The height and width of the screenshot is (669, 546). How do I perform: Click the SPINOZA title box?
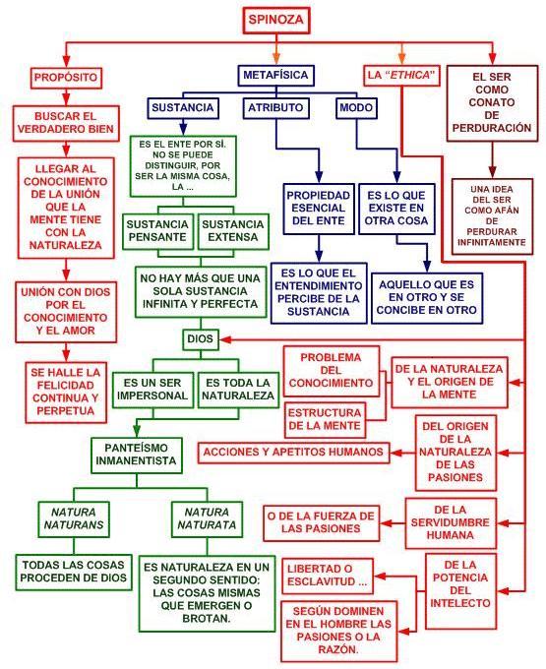coord(276,20)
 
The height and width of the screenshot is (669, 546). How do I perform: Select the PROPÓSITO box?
coord(66,78)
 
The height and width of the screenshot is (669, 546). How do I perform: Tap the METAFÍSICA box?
coord(276,75)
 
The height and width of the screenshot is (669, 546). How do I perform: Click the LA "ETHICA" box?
coord(401,76)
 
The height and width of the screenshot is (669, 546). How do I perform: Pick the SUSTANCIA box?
coord(183,108)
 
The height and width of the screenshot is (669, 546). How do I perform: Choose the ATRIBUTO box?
coord(275,108)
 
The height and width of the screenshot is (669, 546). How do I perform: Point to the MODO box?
coord(356,108)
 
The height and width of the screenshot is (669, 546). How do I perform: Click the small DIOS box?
coord(200,339)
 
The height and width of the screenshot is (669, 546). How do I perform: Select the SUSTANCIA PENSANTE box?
coord(157,231)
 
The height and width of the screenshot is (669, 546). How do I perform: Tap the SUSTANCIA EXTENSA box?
coord(233,231)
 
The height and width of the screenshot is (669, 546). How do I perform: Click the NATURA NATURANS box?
coord(74,518)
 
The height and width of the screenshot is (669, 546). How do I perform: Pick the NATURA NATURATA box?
coord(207,518)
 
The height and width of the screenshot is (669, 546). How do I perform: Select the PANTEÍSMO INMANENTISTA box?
coord(137,455)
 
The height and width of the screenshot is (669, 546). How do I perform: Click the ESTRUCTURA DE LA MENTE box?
coord(325,420)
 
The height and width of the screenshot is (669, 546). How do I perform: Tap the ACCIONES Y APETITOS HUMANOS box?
coord(294,453)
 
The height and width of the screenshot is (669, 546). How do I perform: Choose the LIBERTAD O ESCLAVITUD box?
coord(328,576)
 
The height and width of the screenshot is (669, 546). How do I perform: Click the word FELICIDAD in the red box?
coord(65,386)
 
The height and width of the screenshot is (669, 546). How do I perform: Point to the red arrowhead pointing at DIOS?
coord(225,339)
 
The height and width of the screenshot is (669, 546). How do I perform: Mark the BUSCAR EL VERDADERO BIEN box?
coord(66,123)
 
